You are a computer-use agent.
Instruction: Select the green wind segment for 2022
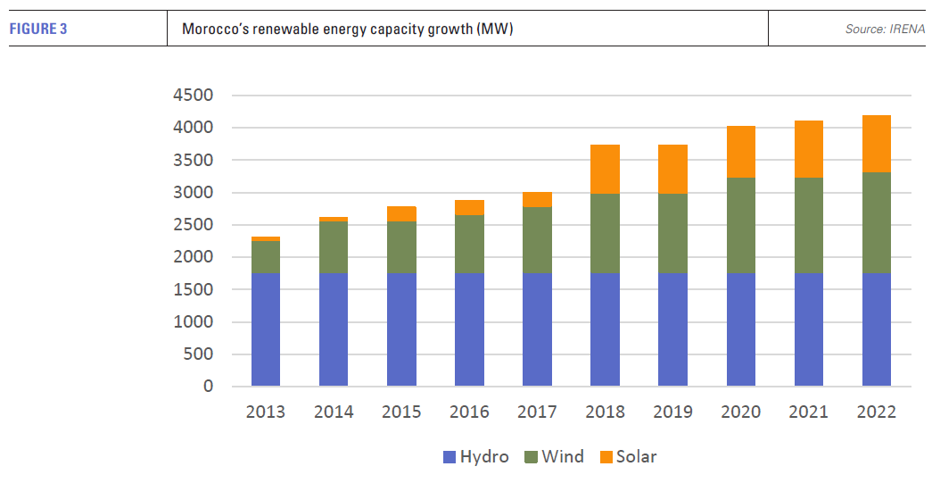(877, 222)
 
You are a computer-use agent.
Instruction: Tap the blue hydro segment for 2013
(266, 329)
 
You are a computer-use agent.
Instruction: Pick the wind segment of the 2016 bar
(469, 244)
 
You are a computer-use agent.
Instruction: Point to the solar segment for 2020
(741, 152)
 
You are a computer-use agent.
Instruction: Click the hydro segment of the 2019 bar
(673, 329)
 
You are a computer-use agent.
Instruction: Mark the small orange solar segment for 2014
(334, 219)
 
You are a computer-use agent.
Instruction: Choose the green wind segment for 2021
(809, 225)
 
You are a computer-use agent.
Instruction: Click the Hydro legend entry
(475, 457)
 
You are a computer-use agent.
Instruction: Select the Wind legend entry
(553, 457)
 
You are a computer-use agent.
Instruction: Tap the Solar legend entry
(627, 457)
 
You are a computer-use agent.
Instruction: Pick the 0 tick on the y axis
(208, 387)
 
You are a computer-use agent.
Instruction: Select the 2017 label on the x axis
(537, 412)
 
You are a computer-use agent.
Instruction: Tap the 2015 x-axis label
(401, 412)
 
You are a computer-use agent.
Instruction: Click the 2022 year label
(877, 412)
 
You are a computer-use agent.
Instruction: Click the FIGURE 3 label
(38, 29)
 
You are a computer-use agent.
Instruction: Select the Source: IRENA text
(885, 29)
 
